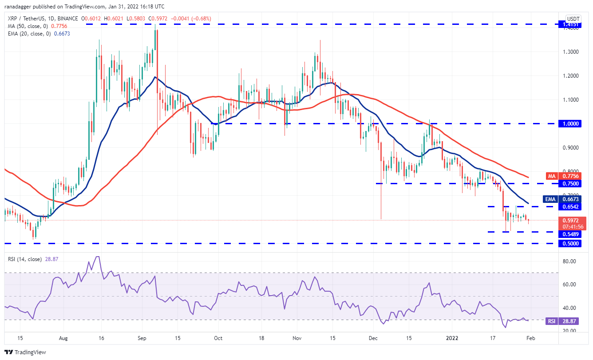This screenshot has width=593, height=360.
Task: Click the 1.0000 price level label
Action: [569, 123]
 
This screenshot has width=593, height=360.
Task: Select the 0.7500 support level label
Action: [569, 183]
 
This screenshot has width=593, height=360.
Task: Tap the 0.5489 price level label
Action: [569, 234]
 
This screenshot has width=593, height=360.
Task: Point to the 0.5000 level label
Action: [569, 243]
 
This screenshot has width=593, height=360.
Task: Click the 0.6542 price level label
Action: [569, 207]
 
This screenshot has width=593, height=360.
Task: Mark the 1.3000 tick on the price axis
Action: [569, 51]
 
